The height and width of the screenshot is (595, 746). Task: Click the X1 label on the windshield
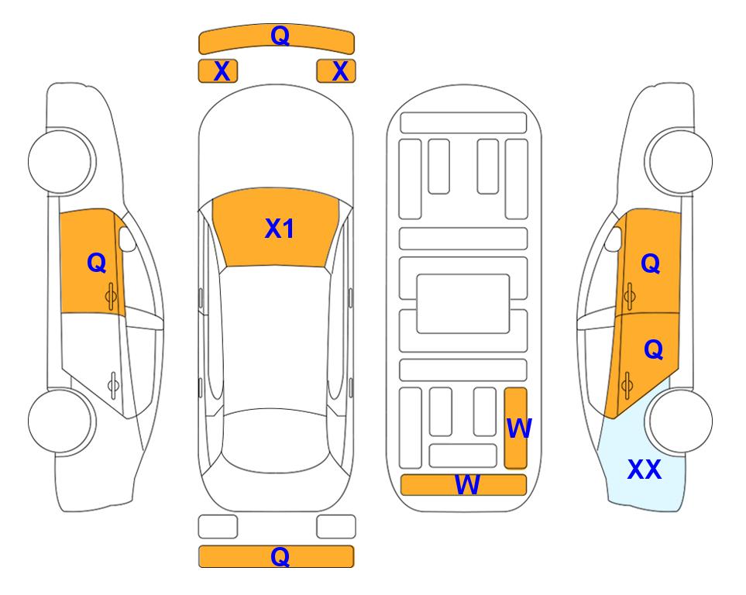tap(280, 229)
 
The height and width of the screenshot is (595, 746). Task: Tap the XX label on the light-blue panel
tap(645, 469)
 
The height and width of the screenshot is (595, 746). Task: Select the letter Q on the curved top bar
tap(280, 35)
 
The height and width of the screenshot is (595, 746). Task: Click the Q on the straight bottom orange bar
tap(280, 556)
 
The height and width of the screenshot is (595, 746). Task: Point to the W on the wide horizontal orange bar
tap(467, 484)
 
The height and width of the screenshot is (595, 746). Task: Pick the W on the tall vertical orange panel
tap(519, 428)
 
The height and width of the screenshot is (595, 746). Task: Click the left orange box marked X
tap(218, 71)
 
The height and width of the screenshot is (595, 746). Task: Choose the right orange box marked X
tap(336, 71)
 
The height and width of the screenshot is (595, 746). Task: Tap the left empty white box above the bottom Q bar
tap(218, 527)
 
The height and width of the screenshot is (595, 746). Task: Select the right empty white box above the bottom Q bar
tap(336, 527)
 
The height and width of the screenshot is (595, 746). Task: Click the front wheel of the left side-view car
tap(60, 161)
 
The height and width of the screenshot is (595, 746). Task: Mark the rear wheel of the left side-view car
tap(60, 421)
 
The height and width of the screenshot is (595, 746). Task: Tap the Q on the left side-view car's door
tap(97, 263)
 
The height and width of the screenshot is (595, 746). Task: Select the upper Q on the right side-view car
tap(651, 263)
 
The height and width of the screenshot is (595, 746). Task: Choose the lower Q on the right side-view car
tap(653, 349)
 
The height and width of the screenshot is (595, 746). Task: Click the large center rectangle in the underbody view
tap(463, 304)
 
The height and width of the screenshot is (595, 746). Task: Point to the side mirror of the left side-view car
tap(127, 239)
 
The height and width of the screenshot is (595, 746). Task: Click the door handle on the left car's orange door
tap(111, 296)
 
